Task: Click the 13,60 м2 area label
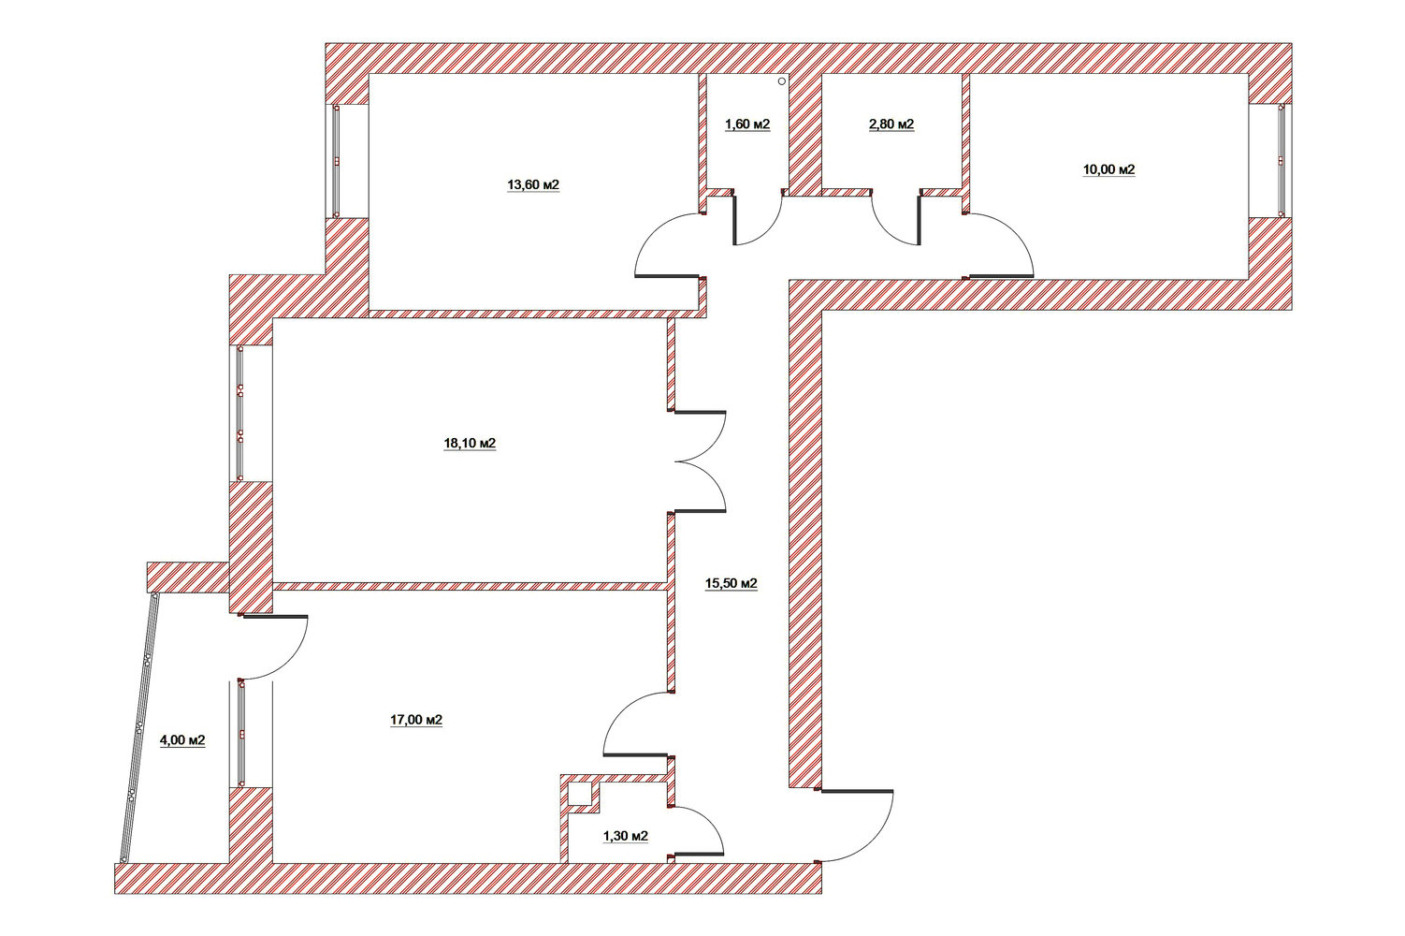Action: click(x=533, y=185)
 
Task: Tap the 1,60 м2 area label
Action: click(x=747, y=124)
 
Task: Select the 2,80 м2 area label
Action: click(x=891, y=124)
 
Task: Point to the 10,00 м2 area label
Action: click(x=1109, y=169)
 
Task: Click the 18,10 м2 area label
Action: click(x=470, y=444)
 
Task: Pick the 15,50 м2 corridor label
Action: click(x=731, y=584)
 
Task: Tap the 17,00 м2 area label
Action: click(x=416, y=720)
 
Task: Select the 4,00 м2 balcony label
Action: click(x=182, y=740)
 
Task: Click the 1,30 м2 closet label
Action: click(x=626, y=837)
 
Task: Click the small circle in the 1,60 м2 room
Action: click(x=781, y=81)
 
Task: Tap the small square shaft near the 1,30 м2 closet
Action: click(x=580, y=794)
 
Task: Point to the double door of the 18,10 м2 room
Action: click(x=700, y=462)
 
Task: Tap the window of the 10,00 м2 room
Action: click(x=1281, y=161)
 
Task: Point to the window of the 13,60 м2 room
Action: click(x=336, y=161)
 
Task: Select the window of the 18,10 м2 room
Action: click(x=240, y=413)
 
